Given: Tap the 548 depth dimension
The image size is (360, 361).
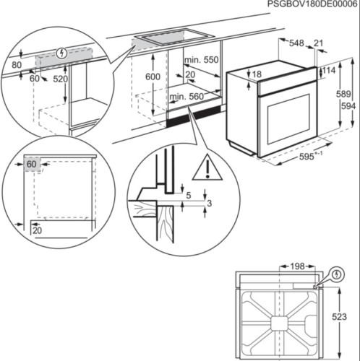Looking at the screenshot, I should (296, 43).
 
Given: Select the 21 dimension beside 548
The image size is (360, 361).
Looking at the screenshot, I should (319, 43).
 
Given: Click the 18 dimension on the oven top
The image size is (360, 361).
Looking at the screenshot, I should (257, 74).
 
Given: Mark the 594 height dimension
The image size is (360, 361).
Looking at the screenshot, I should (349, 106).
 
